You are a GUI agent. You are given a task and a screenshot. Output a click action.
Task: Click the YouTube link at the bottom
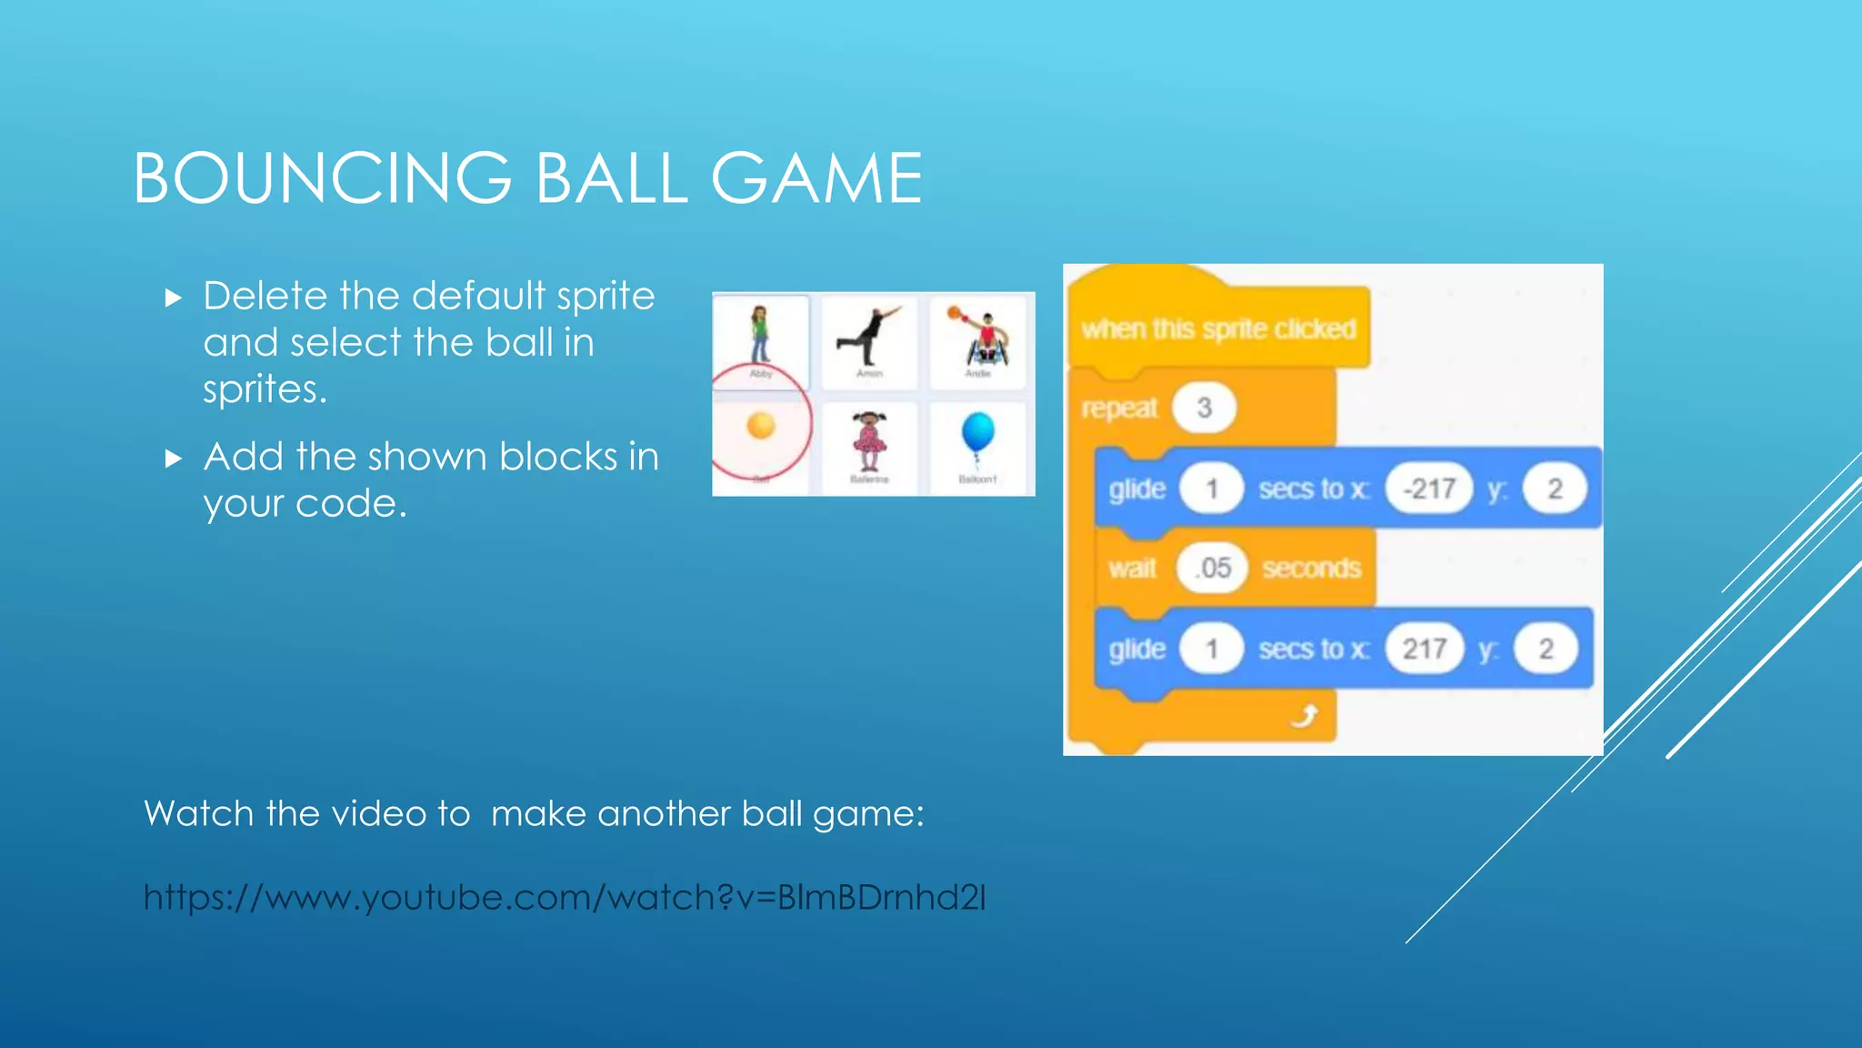coord(565,898)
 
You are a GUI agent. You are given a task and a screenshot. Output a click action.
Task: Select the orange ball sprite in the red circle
coord(760,426)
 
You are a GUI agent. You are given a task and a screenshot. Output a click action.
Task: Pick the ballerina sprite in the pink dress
coord(869,440)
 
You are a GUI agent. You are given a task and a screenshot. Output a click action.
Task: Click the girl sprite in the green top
coord(760,333)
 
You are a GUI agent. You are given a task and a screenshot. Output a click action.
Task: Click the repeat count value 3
coord(1204,408)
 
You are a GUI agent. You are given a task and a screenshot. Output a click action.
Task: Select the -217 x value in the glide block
coord(1429,489)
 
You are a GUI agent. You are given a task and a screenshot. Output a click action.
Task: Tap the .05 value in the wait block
coord(1212,569)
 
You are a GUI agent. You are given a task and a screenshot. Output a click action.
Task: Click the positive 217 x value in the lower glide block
coord(1424,649)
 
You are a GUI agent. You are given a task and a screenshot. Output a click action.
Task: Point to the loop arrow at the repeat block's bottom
coord(1305,717)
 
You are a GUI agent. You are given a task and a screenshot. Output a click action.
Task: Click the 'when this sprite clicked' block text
coord(1218,328)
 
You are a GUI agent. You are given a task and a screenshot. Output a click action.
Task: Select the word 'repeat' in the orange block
coord(1119,408)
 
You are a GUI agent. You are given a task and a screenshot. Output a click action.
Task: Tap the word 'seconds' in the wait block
coord(1311,569)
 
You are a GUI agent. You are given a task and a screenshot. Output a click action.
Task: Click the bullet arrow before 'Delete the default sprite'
coord(174,298)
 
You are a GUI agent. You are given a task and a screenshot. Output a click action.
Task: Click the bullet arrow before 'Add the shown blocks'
coord(174,458)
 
